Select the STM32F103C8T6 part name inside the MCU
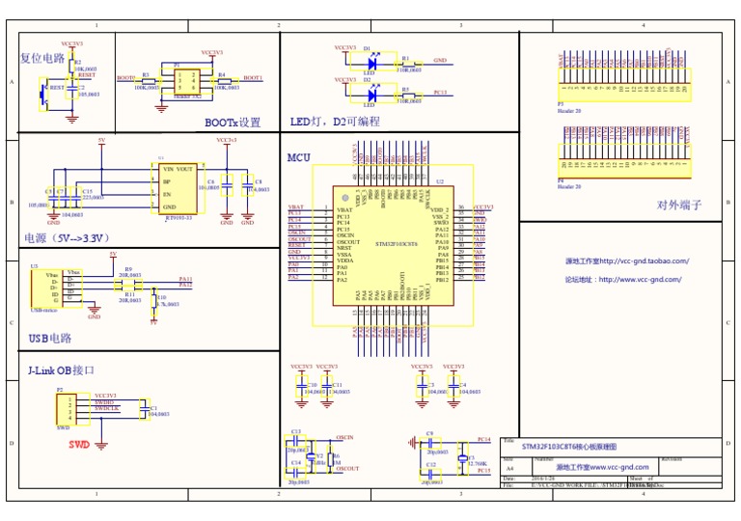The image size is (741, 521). [396, 245]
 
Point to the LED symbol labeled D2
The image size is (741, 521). [369, 94]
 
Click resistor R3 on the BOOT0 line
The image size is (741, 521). [146, 79]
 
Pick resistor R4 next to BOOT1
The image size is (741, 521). [221, 79]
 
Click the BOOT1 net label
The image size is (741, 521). [252, 77]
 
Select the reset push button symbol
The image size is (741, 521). [42, 94]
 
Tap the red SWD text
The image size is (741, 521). [78, 445]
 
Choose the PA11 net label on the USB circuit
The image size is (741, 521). [185, 279]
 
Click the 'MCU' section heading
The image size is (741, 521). [299, 157]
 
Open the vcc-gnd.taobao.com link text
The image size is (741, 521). [627, 260]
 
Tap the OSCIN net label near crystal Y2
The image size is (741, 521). [344, 437]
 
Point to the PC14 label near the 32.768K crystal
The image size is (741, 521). [483, 439]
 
